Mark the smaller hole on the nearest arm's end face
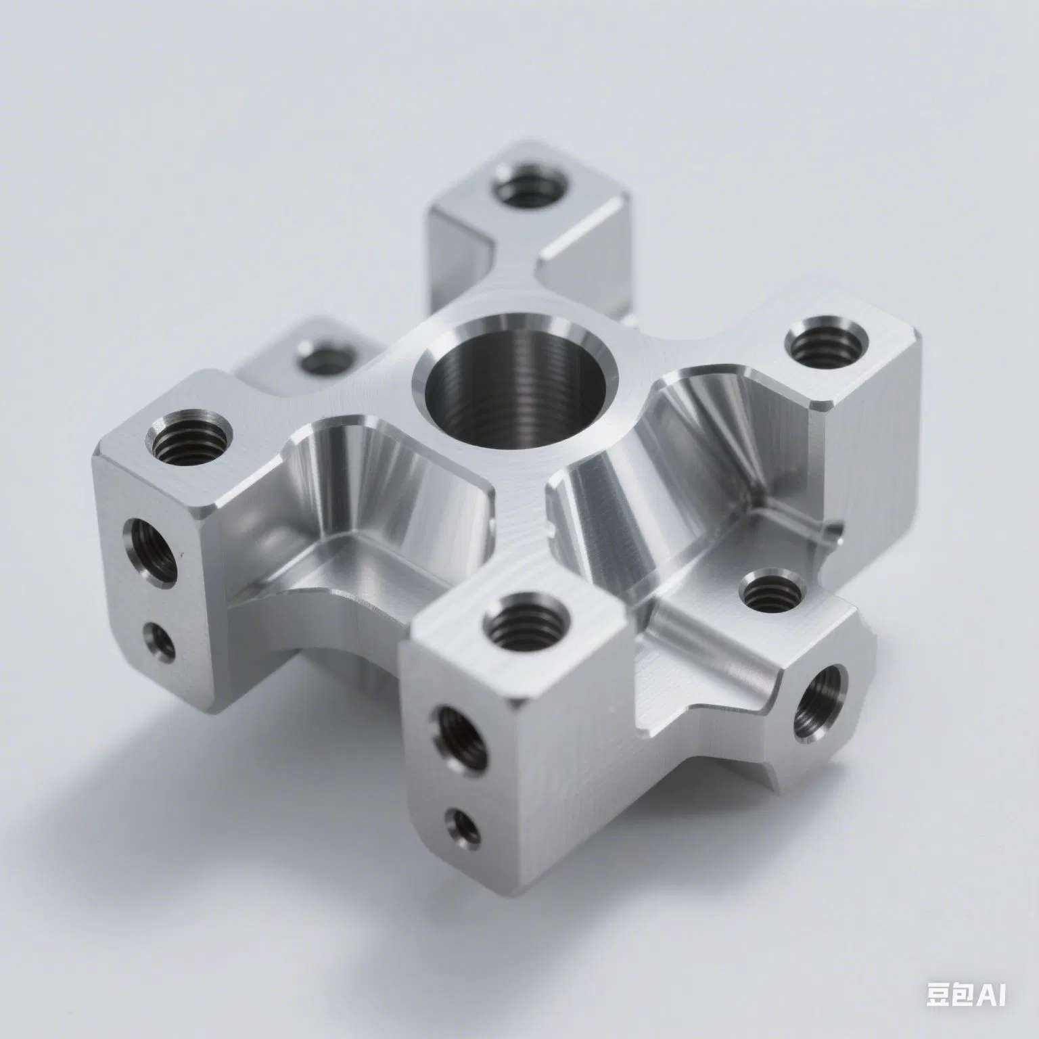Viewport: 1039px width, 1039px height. point(464,825)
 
